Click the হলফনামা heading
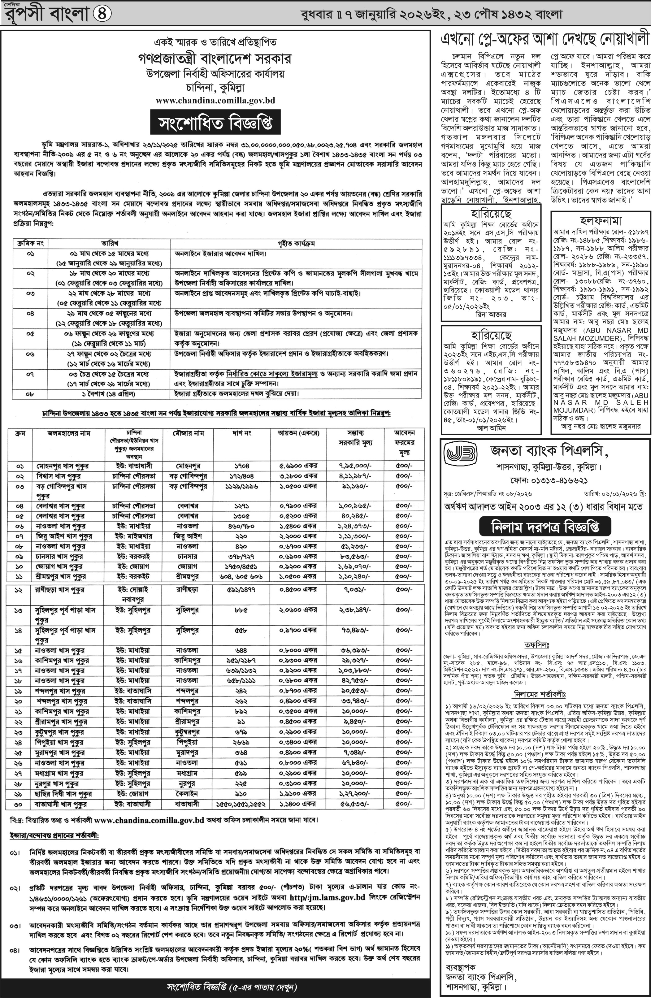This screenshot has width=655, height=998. (x=601, y=221)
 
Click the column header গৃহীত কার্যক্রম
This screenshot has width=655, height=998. (x=296, y=243)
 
